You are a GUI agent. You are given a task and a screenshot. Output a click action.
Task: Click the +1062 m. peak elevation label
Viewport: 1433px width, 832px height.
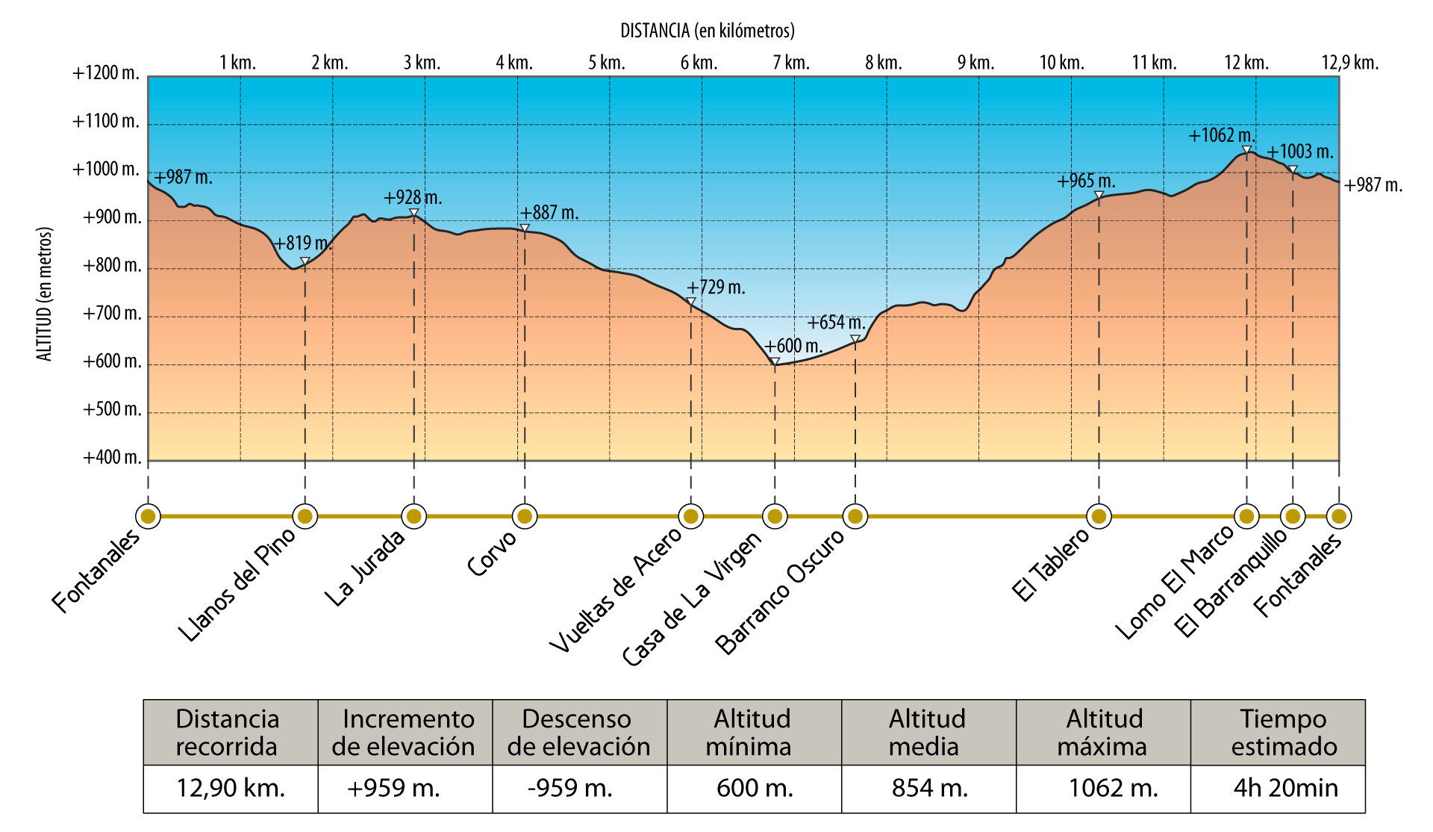pos(1222,136)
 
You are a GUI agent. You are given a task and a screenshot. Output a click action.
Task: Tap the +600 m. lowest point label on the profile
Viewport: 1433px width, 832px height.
pos(793,347)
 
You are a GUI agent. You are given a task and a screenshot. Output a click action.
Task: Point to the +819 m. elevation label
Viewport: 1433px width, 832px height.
pos(302,243)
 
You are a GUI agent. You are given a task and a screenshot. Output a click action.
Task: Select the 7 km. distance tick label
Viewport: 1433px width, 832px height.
pos(792,63)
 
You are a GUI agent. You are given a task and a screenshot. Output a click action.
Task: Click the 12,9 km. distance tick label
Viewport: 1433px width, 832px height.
pos(1349,63)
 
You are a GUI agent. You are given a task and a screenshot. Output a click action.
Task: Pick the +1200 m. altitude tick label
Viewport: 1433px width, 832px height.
pos(106,73)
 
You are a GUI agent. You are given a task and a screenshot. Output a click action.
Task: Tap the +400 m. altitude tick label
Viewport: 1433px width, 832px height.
pos(112,457)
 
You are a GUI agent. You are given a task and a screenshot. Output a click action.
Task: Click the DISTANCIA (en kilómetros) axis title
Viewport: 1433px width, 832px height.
pos(708,31)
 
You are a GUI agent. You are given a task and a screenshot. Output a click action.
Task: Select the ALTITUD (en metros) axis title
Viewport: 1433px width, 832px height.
pos(45,294)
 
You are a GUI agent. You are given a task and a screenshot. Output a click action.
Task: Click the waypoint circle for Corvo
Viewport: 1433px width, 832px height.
pos(525,516)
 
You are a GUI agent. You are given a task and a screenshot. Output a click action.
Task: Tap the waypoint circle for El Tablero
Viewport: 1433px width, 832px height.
pos(1099,516)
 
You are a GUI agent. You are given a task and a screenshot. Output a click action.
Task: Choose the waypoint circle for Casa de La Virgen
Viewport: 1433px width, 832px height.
pos(775,516)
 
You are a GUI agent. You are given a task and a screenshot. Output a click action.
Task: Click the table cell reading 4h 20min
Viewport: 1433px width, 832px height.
pos(1285,788)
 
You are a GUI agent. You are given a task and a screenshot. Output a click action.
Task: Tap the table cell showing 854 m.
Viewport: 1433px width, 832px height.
pos(929,788)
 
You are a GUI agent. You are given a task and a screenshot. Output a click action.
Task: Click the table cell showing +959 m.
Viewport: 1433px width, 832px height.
pos(393,788)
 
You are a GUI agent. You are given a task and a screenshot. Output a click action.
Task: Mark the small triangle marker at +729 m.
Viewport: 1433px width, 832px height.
pos(691,302)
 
